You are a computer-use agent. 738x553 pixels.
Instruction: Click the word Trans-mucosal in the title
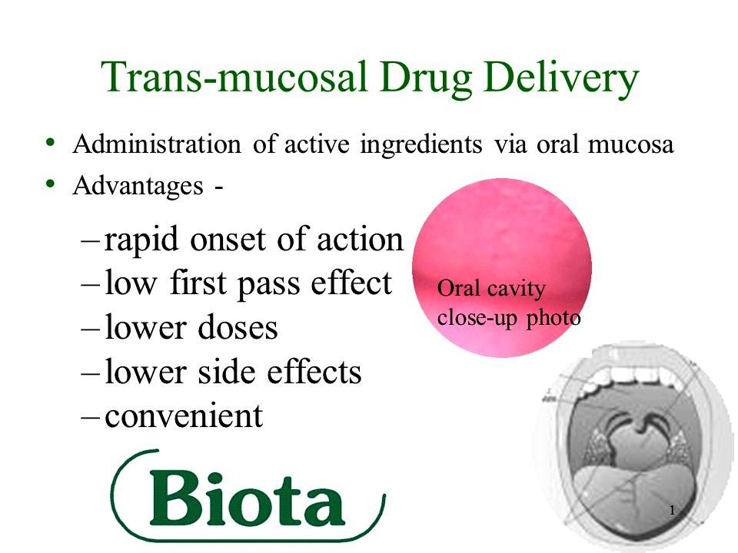point(234,77)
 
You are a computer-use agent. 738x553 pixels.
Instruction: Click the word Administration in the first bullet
point(157,144)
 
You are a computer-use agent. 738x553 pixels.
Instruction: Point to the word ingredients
point(421,145)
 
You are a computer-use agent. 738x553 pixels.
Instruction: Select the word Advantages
point(138,187)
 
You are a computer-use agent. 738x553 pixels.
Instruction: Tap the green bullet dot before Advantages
point(51,184)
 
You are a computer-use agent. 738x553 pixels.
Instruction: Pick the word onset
point(229,240)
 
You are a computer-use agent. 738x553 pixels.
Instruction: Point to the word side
point(227,372)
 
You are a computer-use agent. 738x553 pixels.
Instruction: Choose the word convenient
point(184,416)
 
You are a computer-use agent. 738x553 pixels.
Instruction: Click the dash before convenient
point(90,417)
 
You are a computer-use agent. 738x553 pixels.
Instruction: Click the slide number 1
point(673,511)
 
